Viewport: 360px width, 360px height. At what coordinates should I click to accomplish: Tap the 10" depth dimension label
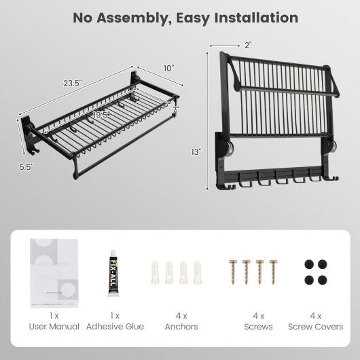[x=168, y=68]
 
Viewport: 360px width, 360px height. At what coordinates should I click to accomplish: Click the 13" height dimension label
[x=196, y=153]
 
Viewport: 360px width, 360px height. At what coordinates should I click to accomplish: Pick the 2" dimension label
[x=248, y=45]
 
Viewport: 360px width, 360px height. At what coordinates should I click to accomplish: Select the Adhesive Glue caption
[x=115, y=327]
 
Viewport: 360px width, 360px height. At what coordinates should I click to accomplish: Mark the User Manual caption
[x=55, y=327]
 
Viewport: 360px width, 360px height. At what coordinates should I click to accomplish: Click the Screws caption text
[x=258, y=327]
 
